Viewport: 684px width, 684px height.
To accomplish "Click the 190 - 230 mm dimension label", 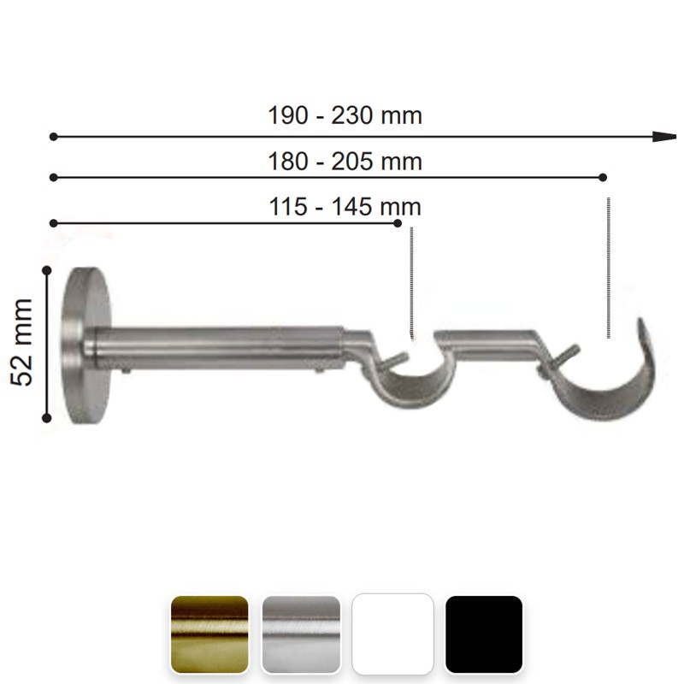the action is [x=345, y=116].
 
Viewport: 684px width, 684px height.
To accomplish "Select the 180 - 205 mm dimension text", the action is [x=345, y=162].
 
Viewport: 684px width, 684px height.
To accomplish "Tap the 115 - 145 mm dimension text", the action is [x=345, y=207].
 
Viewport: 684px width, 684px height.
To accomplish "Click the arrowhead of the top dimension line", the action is [x=664, y=137].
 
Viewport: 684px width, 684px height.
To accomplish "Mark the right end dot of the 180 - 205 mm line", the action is [x=603, y=177].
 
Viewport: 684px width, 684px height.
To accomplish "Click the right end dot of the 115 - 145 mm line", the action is [x=398, y=223].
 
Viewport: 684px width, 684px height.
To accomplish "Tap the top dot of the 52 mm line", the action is [x=47, y=271].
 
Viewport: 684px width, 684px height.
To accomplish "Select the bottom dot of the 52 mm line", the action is [x=46, y=418].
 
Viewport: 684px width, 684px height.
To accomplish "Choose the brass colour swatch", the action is [x=209, y=634].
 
